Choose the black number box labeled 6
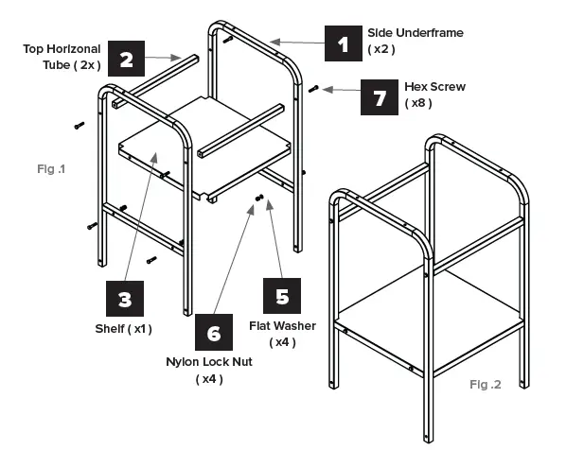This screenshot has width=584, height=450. pyautogui.click(x=213, y=332)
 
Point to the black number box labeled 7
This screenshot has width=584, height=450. pyautogui.click(x=380, y=95)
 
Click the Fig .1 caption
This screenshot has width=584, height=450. pyautogui.click(x=50, y=169)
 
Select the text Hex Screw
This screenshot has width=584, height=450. pyautogui.click(x=434, y=87)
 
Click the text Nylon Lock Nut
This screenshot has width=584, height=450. pyautogui.click(x=209, y=362)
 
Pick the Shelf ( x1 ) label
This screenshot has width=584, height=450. pyautogui.click(x=123, y=328)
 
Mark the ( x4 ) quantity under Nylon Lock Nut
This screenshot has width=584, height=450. pyautogui.click(x=209, y=378)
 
